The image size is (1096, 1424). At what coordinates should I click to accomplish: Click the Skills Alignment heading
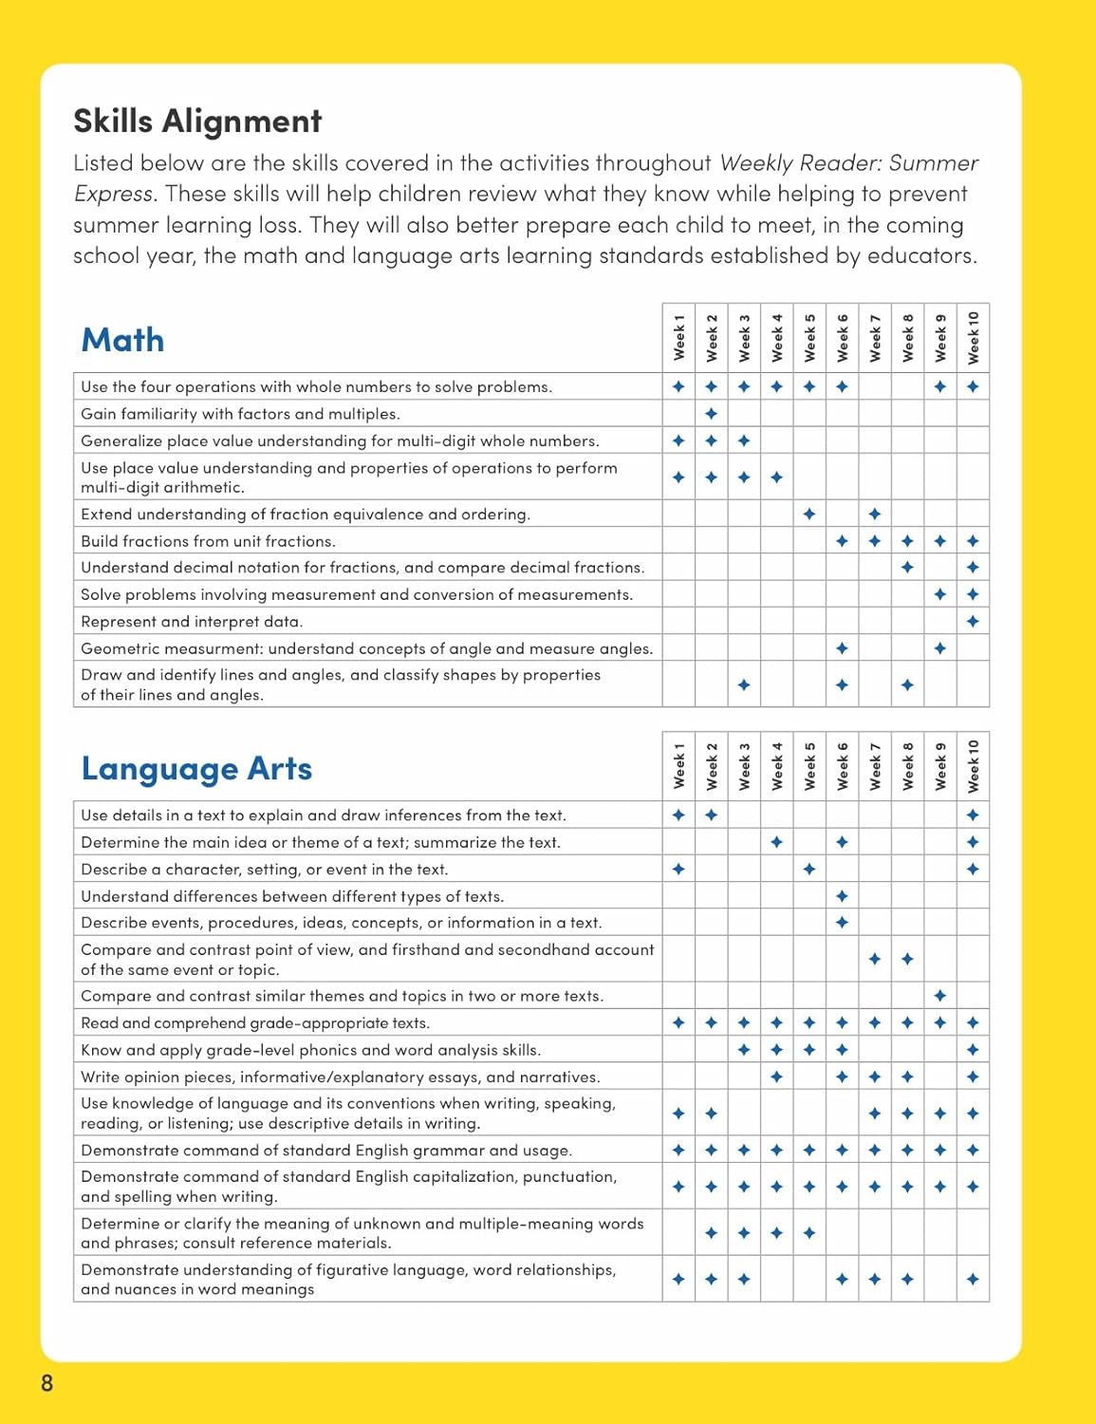click(197, 122)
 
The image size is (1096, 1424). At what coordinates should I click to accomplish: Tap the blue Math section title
click(122, 340)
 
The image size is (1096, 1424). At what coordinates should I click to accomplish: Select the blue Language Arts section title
click(196, 768)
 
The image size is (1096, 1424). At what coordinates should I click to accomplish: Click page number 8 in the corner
click(47, 1382)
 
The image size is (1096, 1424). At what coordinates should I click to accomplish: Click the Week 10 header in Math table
click(973, 338)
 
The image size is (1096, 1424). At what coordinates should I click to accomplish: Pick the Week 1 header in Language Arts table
click(678, 766)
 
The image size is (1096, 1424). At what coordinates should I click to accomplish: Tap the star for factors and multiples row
click(712, 414)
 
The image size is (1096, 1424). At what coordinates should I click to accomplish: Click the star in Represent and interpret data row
click(973, 622)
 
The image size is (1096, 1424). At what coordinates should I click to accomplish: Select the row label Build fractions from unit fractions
click(208, 541)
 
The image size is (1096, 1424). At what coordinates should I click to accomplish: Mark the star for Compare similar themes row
click(940, 996)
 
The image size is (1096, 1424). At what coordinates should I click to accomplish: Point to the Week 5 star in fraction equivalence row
click(809, 514)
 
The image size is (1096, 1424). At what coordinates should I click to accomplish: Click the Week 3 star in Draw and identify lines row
click(744, 684)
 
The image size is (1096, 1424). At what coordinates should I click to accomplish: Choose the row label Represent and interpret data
click(192, 622)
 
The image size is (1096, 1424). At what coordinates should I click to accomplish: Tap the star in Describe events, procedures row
click(842, 923)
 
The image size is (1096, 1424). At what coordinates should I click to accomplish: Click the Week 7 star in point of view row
click(875, 960)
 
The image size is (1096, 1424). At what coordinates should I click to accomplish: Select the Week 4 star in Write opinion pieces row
click(776, 1077)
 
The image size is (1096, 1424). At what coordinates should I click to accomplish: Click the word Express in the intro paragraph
click(113, 194)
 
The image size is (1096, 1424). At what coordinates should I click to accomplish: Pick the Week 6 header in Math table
click(842, 338)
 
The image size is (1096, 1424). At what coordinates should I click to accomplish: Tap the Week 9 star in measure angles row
click(940, 648)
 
